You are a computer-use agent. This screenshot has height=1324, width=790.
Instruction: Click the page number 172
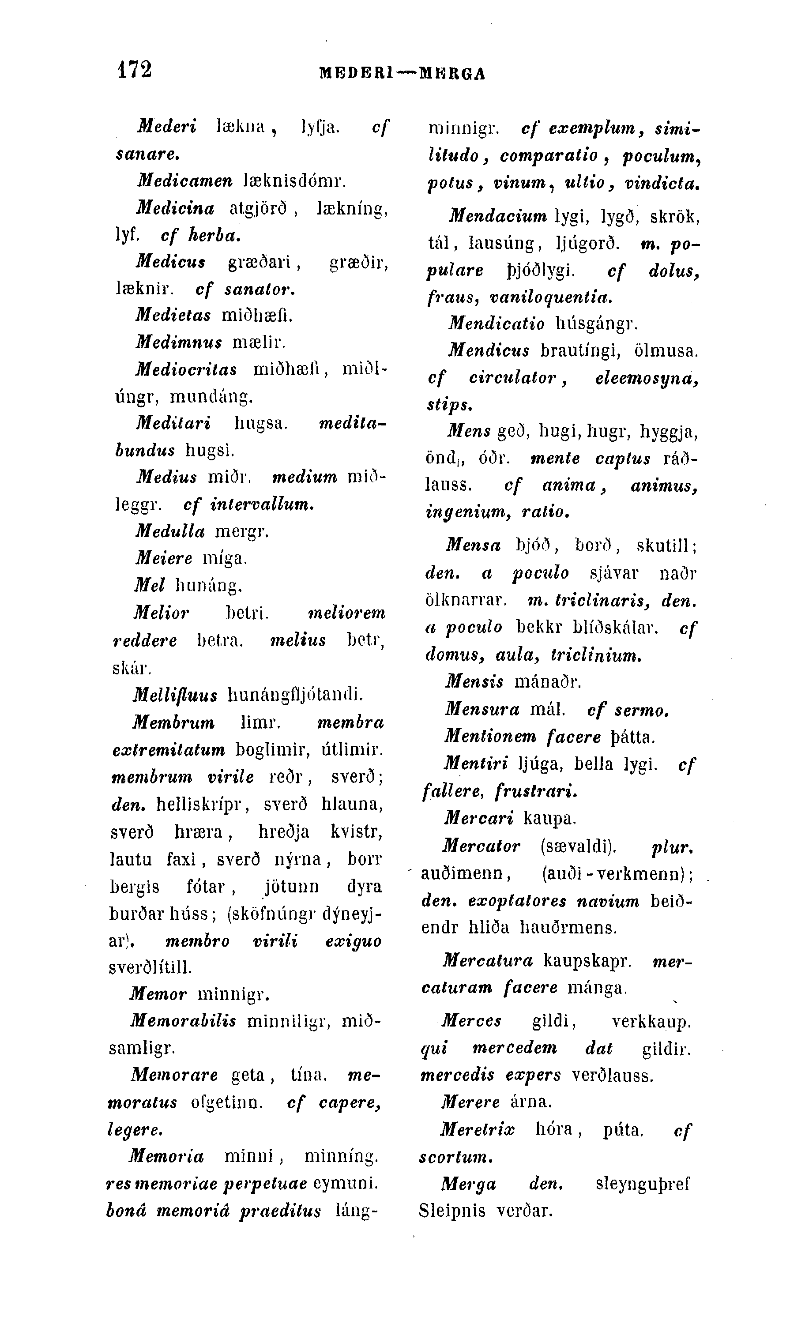(x=134, y=69)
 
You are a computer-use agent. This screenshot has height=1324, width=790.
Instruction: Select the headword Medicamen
(x=184, y=181)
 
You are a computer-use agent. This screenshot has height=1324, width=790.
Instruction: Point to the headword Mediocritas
(x=186, y=369)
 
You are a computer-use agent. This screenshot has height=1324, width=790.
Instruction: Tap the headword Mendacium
(x=497, y=216)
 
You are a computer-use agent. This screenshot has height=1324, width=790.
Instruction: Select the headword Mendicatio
(x=496, y=323)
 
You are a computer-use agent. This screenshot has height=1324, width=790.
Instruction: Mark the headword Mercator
(x=481, y=846)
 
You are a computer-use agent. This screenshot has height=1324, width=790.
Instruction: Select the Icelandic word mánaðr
(x=548, y=681)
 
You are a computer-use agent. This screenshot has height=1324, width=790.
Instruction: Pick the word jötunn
(x=292, y=886)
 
